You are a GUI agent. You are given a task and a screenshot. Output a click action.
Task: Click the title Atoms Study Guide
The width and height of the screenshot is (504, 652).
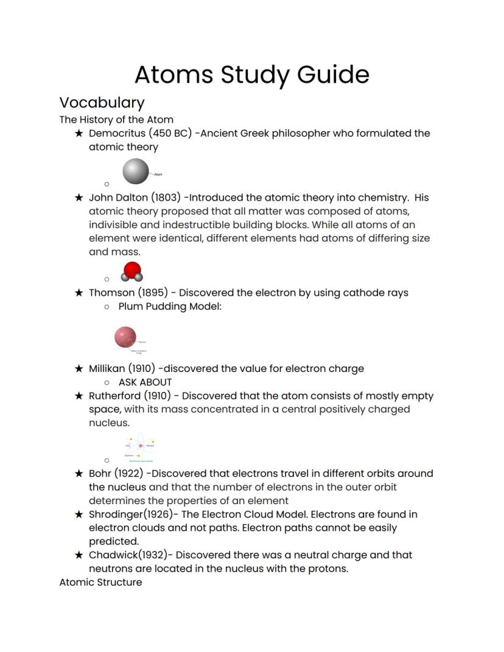tap(251, 75)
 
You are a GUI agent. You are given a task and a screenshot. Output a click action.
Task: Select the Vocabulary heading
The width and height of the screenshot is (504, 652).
tap(102, 102)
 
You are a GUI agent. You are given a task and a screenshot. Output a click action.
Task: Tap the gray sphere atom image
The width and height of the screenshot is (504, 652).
tap(135, 171)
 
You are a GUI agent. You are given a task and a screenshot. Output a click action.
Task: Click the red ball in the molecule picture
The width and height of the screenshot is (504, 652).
tap(132, 269)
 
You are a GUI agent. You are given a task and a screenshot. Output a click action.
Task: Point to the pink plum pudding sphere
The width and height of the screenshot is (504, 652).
tap(125, 337)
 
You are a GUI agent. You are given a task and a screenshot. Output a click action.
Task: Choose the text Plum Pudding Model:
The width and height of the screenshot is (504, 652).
tap(170, 306)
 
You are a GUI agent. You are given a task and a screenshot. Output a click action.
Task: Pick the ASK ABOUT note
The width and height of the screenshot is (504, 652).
tap(145, 382)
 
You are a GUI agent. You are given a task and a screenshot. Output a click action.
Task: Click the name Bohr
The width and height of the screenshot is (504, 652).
tap(100, 474)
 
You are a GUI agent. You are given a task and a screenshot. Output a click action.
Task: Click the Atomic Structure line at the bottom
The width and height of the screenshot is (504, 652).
tap(100, 582)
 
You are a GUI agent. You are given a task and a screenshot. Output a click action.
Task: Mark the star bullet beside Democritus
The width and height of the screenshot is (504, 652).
tap(79, 133)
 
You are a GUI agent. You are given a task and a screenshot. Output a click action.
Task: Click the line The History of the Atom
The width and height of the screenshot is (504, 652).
tap(116, 119)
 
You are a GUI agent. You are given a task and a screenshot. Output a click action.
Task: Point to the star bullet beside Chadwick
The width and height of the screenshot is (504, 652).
tap(79, 555)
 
